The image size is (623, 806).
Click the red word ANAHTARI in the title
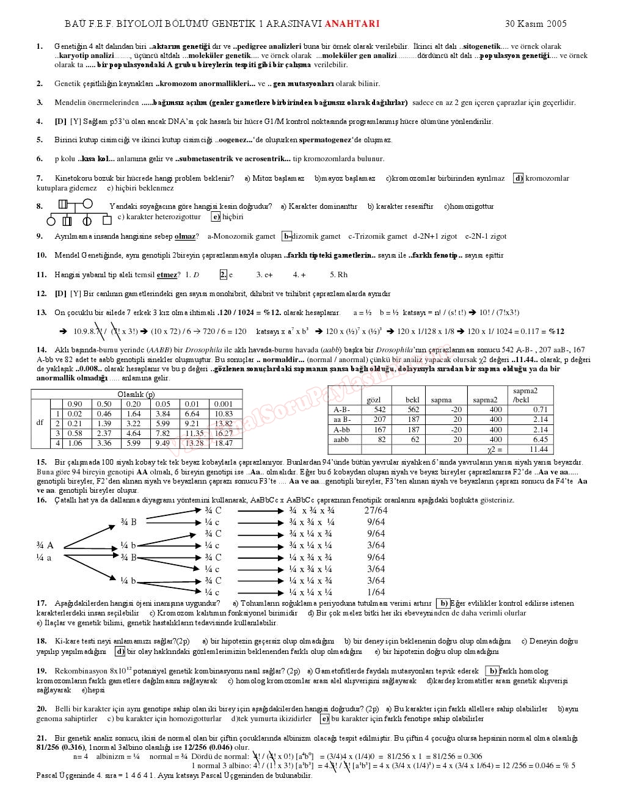352,24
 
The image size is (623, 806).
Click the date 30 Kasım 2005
536,24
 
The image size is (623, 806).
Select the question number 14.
41,350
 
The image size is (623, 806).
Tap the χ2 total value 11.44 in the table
538,449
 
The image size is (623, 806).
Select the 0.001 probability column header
224,404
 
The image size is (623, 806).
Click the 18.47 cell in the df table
224,443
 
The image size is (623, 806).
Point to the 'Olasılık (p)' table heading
136,394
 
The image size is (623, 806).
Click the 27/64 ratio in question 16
376,510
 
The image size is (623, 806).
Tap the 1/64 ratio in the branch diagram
376,592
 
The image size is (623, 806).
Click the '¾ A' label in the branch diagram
45,545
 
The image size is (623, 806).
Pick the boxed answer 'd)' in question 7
518,178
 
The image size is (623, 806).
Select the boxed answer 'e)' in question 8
216,216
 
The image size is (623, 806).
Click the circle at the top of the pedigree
87,205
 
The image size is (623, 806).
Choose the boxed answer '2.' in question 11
223,275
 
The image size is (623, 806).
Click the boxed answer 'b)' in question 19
492,671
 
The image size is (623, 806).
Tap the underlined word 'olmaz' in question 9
185,236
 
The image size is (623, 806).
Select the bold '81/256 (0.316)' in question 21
60,747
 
